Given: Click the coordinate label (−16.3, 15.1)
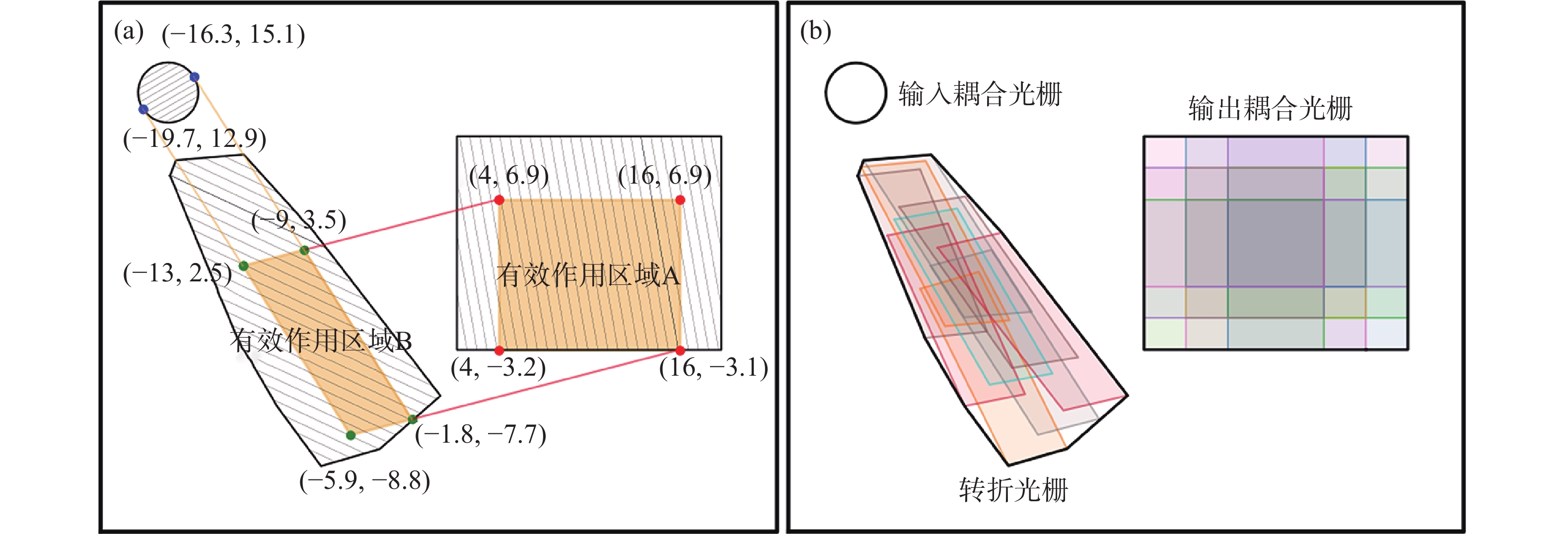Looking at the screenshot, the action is click(x=234, y=35).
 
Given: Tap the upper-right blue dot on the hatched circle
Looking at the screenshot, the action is click(x=194, y=77).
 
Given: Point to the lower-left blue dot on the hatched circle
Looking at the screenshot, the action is click(x=143, y=109).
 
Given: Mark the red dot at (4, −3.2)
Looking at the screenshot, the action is click(x=499, y=350).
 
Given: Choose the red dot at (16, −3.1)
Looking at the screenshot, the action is click(x=680, y=351).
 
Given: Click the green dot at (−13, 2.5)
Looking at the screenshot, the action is click(x=243, y=266).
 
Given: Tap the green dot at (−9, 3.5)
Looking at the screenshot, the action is click(x=305, y=250).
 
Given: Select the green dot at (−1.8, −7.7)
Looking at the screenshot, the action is click(x=412, y=419).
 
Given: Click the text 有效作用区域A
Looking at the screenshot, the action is click(x=588, y=275).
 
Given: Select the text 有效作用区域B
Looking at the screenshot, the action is click(x=321, y=340).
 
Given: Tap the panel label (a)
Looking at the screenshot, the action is click(x=129, y=32).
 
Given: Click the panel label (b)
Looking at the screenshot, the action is click(x=815, y=32).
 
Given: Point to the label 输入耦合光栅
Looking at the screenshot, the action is click(x=980, y=95).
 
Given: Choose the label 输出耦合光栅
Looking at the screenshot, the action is click(x=1270, y=109).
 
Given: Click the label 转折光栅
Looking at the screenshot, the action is click(x=1013, y=490).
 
